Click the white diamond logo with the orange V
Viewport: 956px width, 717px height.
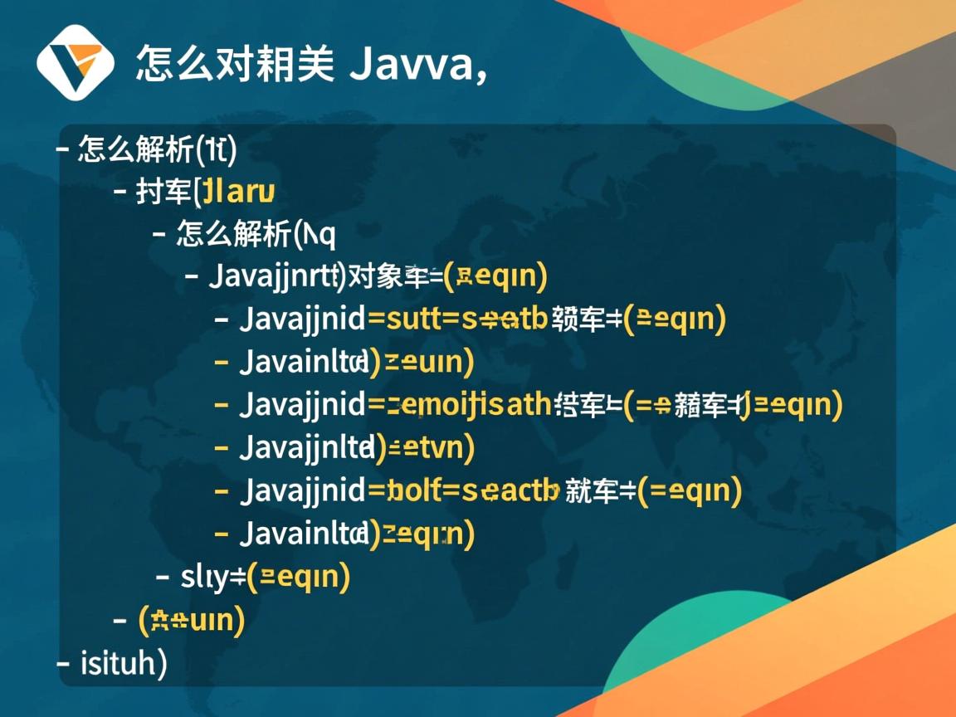click(75, 62)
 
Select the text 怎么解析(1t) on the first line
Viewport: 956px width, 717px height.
click(158, 149)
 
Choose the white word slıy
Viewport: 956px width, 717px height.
click(203, 576)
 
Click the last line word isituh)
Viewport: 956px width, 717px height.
click(124, 663)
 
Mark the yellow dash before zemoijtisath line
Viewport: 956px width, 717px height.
click(222, 405)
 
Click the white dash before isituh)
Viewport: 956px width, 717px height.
click(63, 663)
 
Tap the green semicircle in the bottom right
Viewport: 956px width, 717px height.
click(689, 656)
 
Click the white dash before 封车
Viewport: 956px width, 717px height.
click(119, 193)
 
